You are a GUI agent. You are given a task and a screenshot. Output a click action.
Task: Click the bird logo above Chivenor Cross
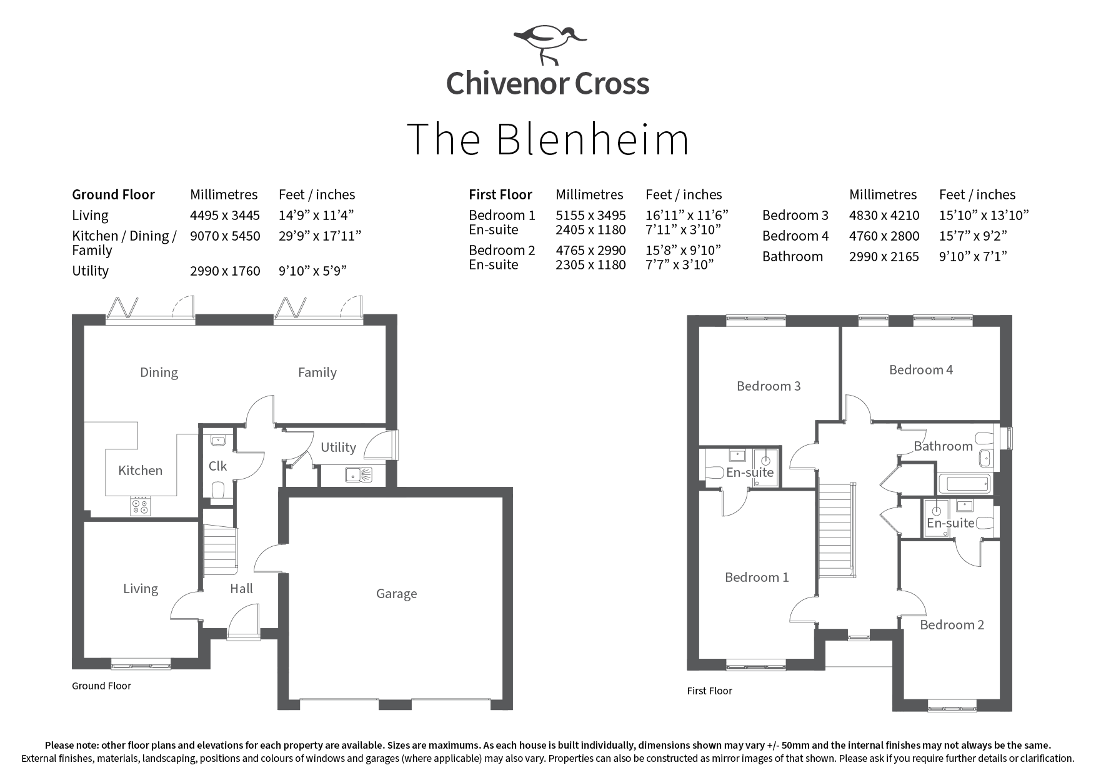tap(549, 44)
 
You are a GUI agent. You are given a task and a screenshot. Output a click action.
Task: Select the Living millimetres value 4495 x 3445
tap(225, 216)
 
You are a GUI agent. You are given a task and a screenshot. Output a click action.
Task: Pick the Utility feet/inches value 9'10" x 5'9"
tap(312, 271)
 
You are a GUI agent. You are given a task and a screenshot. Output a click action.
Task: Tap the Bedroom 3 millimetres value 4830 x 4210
tap(884, 216)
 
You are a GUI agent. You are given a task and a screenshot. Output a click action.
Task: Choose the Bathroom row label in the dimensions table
tap(792, 257)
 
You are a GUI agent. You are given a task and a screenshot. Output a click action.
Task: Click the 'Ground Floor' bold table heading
tap(113, 195)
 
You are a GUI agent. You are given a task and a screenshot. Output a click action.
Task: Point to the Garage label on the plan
tap(396, 594)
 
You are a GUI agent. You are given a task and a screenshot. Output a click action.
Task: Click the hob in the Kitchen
tap(141, 506)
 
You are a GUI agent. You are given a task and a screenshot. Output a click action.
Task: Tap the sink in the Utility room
tap(358, 475)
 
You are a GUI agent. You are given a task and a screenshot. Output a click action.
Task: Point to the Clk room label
tap(217, 466)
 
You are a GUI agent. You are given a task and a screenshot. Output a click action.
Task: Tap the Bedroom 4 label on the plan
tap(920, 370)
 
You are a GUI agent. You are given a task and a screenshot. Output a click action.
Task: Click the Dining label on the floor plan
tap(159, 373)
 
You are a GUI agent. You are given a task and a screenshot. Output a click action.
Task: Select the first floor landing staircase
tap(836, 530)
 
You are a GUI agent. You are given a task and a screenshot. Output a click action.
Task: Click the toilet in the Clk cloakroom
tap(218, 492)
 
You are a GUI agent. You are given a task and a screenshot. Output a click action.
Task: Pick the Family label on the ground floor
tap(317, 373)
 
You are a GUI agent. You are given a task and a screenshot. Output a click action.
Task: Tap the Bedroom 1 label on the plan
tap(756, 577)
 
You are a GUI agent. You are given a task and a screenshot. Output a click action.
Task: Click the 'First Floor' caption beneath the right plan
tap(709, 691)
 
